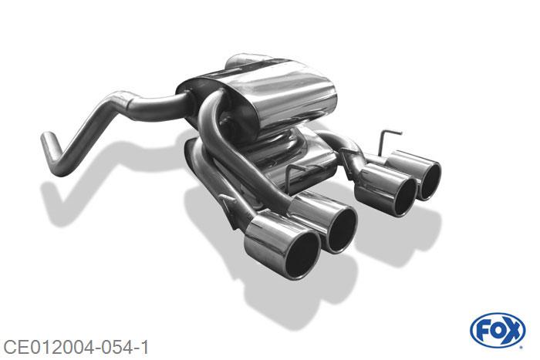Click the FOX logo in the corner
498,331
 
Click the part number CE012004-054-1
76,347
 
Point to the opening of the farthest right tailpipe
430,181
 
